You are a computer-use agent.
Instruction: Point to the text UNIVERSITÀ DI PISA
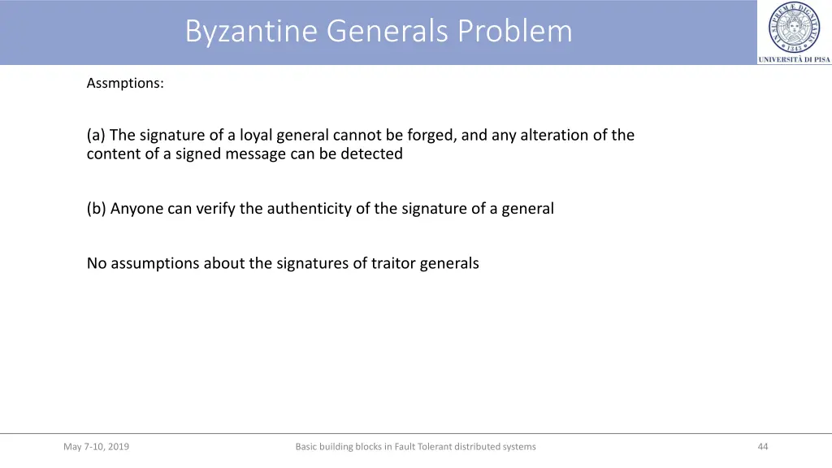795,59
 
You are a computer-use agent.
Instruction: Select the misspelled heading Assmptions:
125,83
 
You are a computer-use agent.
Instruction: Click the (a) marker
97,135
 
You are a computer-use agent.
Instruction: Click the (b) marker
97,208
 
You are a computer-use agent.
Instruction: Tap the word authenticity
312,208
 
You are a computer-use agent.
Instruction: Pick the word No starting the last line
97,263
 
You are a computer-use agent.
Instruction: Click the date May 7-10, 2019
96,446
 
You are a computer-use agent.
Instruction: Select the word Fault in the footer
405,446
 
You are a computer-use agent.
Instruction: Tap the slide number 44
762,446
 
